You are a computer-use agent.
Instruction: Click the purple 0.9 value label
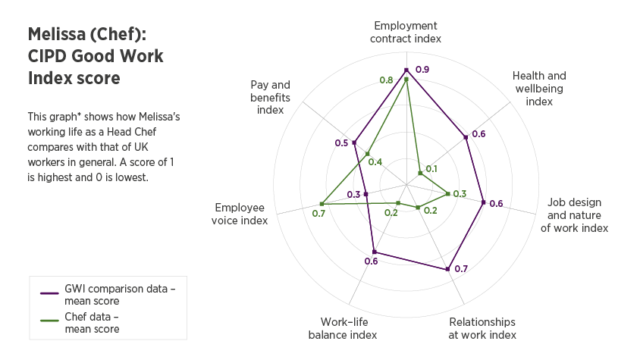tap(423, 70)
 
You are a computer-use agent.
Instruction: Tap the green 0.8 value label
tap(387, 80)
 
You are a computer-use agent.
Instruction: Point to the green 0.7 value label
tap(318, 213)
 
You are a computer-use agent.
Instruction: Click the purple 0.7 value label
tap(461, 268)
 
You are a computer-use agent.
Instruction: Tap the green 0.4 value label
tap(375, 161)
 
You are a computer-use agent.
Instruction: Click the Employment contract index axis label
tap(406, 32)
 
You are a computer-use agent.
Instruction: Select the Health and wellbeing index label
tap(539, 89)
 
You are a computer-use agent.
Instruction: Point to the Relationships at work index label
tap(482, 328)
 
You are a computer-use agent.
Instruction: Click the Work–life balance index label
tap(343, 328)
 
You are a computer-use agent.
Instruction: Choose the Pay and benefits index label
tap(271, 97)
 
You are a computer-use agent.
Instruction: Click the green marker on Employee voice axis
tap(322, 203)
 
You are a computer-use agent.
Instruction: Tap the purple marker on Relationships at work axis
tap(448, 268)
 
